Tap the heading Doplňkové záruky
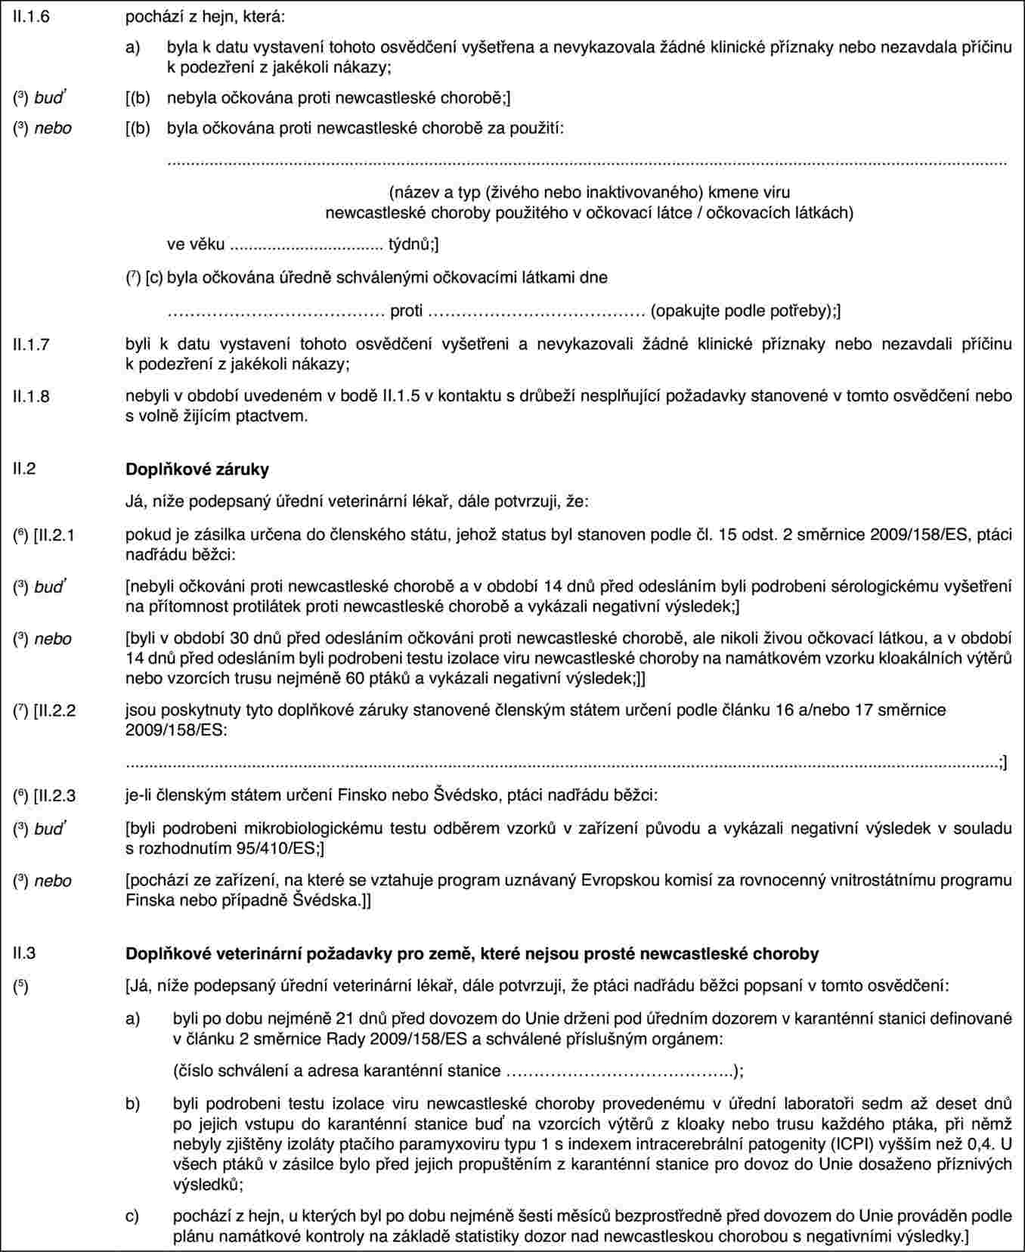pyautogui.click(x=197, y=469)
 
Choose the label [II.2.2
pyautogui.click(x=54, y=710)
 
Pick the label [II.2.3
pyautogui.click(x=54, y=795)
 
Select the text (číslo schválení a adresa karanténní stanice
pyautogui.click(x=336, y=1071)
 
